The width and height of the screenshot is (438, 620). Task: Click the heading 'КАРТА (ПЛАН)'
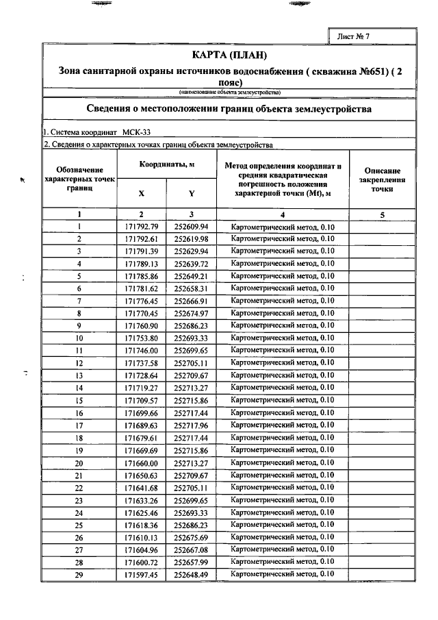click(x=229, y=55)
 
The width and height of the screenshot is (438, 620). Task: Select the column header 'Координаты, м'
click(x=168, y=165)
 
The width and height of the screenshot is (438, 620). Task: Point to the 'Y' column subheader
click(x=192, y=193)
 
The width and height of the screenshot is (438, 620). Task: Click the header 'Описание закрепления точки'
click(x=382, y=179)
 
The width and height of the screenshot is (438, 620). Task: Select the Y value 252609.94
click(x=192, y=227)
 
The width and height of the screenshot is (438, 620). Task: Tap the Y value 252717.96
click(x=192, y=425)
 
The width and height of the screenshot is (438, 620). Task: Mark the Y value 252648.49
click(x=192, y=575)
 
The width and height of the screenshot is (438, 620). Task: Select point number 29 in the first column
click(x=79, y=575)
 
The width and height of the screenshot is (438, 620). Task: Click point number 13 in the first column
click(x=79, y=376)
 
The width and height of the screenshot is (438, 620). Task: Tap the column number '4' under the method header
click(x=283, y=214)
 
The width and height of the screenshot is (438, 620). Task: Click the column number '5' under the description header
click(x=382, y=214)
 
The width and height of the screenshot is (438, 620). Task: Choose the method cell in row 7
click(x=283, y=301)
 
